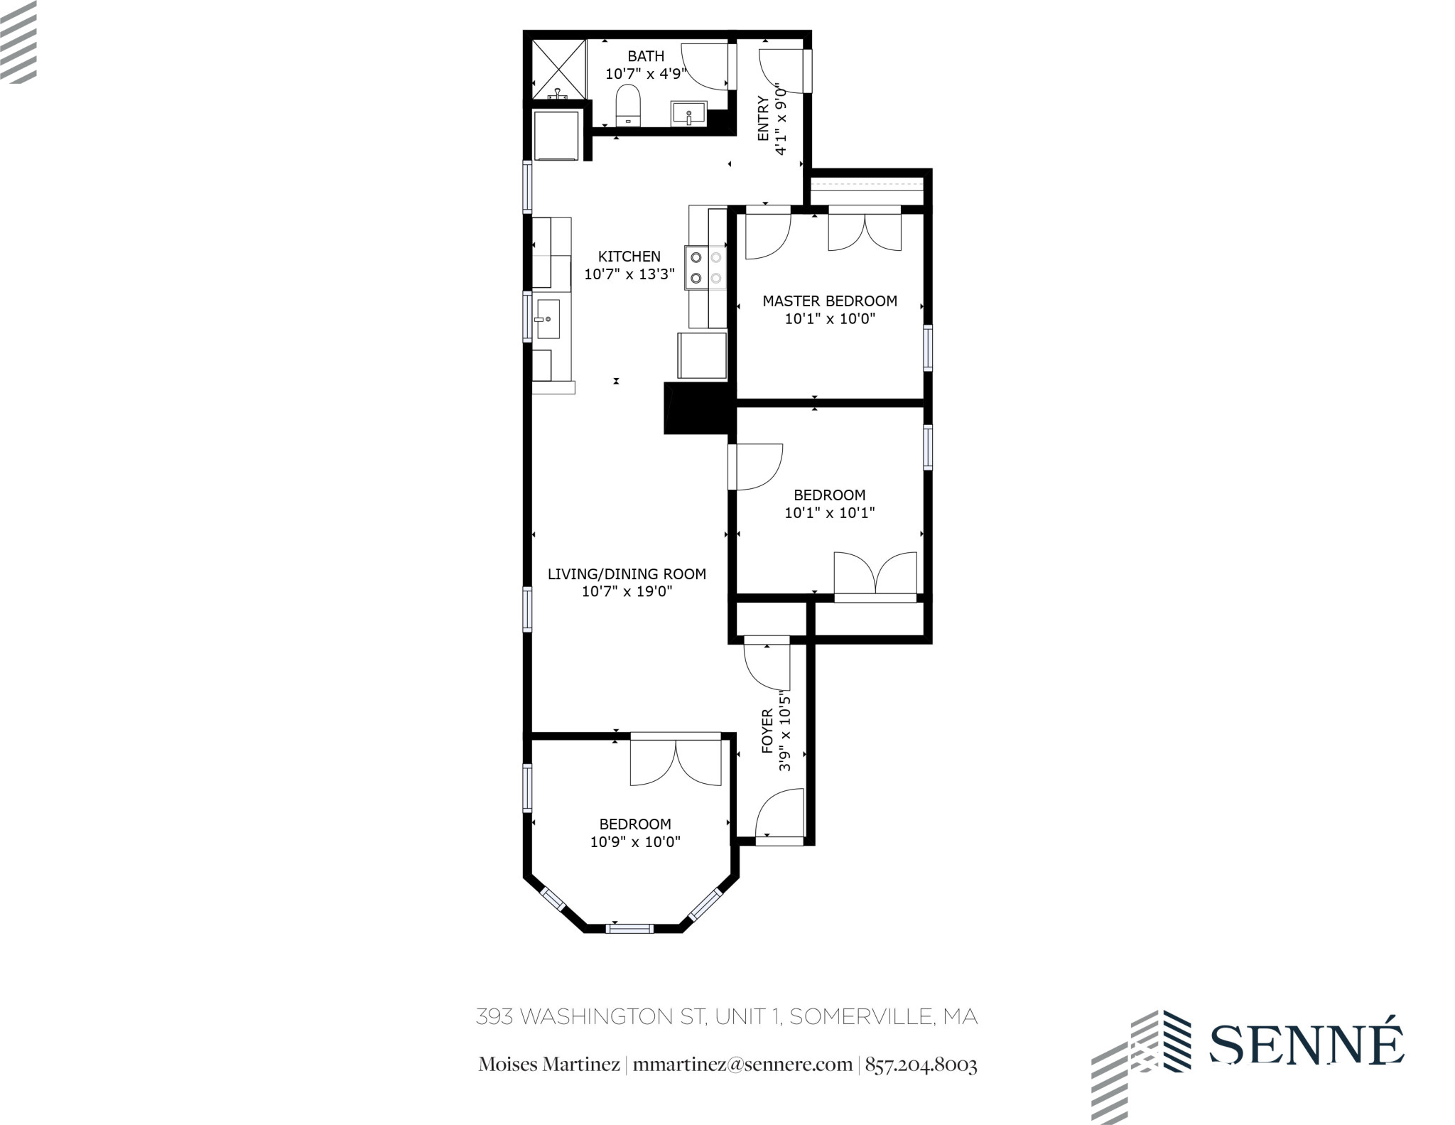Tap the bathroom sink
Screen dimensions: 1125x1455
click(x=688, y=114)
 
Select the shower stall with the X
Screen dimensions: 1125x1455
click(x=559, y=70)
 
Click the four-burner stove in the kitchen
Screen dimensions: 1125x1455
click(x=705, y=267)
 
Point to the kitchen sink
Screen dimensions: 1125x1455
click(x=548, y=319)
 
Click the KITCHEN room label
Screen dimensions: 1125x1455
click(x=629, y=257)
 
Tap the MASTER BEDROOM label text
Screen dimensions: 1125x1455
click(x=829, y=301)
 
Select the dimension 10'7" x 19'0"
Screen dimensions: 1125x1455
click(x=627, y=591)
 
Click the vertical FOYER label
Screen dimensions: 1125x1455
click(x=767, y=731)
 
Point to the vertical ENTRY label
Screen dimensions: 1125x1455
click(x=763, y=119)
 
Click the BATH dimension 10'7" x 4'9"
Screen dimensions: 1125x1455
click(x=645, y=73)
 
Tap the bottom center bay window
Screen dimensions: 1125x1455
click(x=629, y=927)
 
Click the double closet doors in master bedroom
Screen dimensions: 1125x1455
click(x=865, y=231)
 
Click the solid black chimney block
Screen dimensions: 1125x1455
click(x=697, y=408)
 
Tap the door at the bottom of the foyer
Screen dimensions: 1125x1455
click(x=779, y=817)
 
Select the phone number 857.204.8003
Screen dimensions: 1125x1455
click(x=921, y=1065)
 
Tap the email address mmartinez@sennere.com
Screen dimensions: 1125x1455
click(x=742, y=1065)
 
